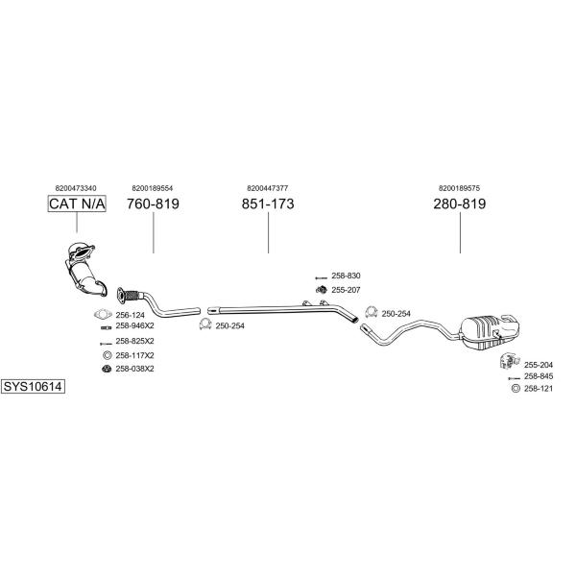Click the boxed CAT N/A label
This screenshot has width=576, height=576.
pos(77,204)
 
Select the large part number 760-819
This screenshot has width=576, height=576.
pos(153,204)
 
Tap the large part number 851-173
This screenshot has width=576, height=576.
pos(268,204)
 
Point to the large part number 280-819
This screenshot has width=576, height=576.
pos(460,204)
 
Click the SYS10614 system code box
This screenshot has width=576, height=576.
pos(33,387)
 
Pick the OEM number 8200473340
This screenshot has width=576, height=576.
pos(76,188)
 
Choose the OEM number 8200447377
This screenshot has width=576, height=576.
pos(268,188)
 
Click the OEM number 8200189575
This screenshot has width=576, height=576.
pos(459,188)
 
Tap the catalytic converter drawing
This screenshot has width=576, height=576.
pos(85,268)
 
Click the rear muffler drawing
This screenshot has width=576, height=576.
pos(490,332)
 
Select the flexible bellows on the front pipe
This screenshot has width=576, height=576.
pos(133,296)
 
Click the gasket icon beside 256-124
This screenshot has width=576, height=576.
pos(103,315)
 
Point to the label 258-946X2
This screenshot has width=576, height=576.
pos(134,325)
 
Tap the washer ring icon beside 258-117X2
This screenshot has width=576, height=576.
pos(107,355)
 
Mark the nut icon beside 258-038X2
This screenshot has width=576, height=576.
pos(107,369)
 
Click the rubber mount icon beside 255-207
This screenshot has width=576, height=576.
pos(322,290)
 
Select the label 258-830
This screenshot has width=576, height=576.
pos(346,276)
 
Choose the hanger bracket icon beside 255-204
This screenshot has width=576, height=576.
pos(510,361)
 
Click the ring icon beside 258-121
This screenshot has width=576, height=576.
pos(516,388)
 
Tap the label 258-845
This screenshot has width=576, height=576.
pos(539,376)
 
